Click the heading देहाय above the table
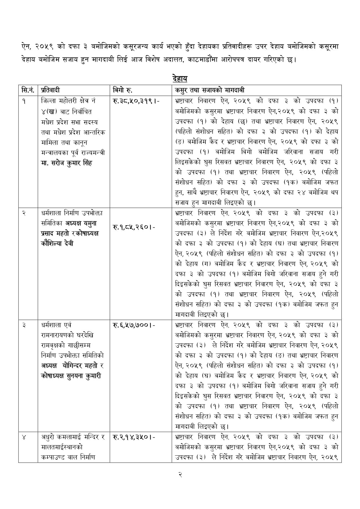[180, 79]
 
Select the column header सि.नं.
[28, 90]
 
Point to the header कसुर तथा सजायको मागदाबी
[211, 90]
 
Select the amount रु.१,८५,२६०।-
[134, 227]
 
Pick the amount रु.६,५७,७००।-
[134, 325]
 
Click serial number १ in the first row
[24, 101]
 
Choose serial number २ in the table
[24, 213]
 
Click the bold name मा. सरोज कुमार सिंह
[66, 163]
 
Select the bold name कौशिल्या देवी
[57, 243]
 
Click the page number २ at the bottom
[180, 475]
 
